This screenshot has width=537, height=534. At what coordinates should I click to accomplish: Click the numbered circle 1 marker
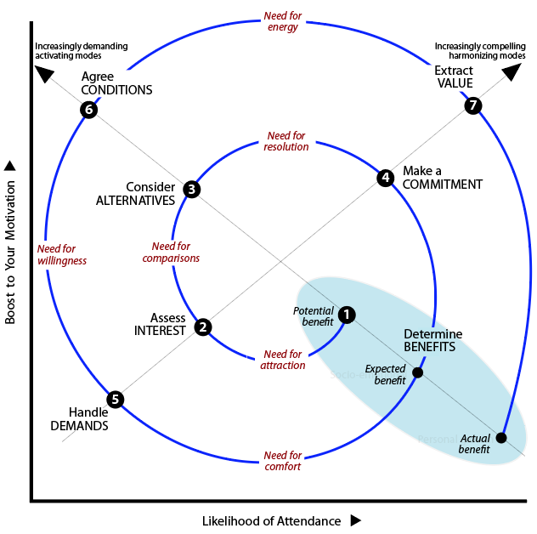[347, 315]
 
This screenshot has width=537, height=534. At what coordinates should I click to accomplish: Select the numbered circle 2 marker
[202, 327]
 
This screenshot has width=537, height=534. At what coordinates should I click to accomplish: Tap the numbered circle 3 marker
[192, 190]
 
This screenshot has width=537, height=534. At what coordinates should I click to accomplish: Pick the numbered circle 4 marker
[386, 178]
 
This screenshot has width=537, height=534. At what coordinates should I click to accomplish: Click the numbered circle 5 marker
[116, 399]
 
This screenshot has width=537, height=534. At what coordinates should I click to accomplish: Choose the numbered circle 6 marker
[88, 110]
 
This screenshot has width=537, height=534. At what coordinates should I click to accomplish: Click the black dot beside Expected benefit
[417, 372]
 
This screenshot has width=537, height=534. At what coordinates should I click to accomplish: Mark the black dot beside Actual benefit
[500, 438]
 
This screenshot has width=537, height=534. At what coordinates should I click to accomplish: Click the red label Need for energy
[281, 21]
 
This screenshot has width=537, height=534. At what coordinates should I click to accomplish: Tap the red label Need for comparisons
[171, 252]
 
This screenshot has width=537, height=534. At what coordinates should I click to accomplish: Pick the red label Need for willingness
[62, 255]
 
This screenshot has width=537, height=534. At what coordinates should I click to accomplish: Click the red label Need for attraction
[284, 360]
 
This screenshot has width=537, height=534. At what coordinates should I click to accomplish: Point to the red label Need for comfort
[282, 461]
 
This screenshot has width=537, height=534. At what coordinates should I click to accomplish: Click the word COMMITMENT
[443, 185]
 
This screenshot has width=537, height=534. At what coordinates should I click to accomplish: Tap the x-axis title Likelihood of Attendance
[272, 520]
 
